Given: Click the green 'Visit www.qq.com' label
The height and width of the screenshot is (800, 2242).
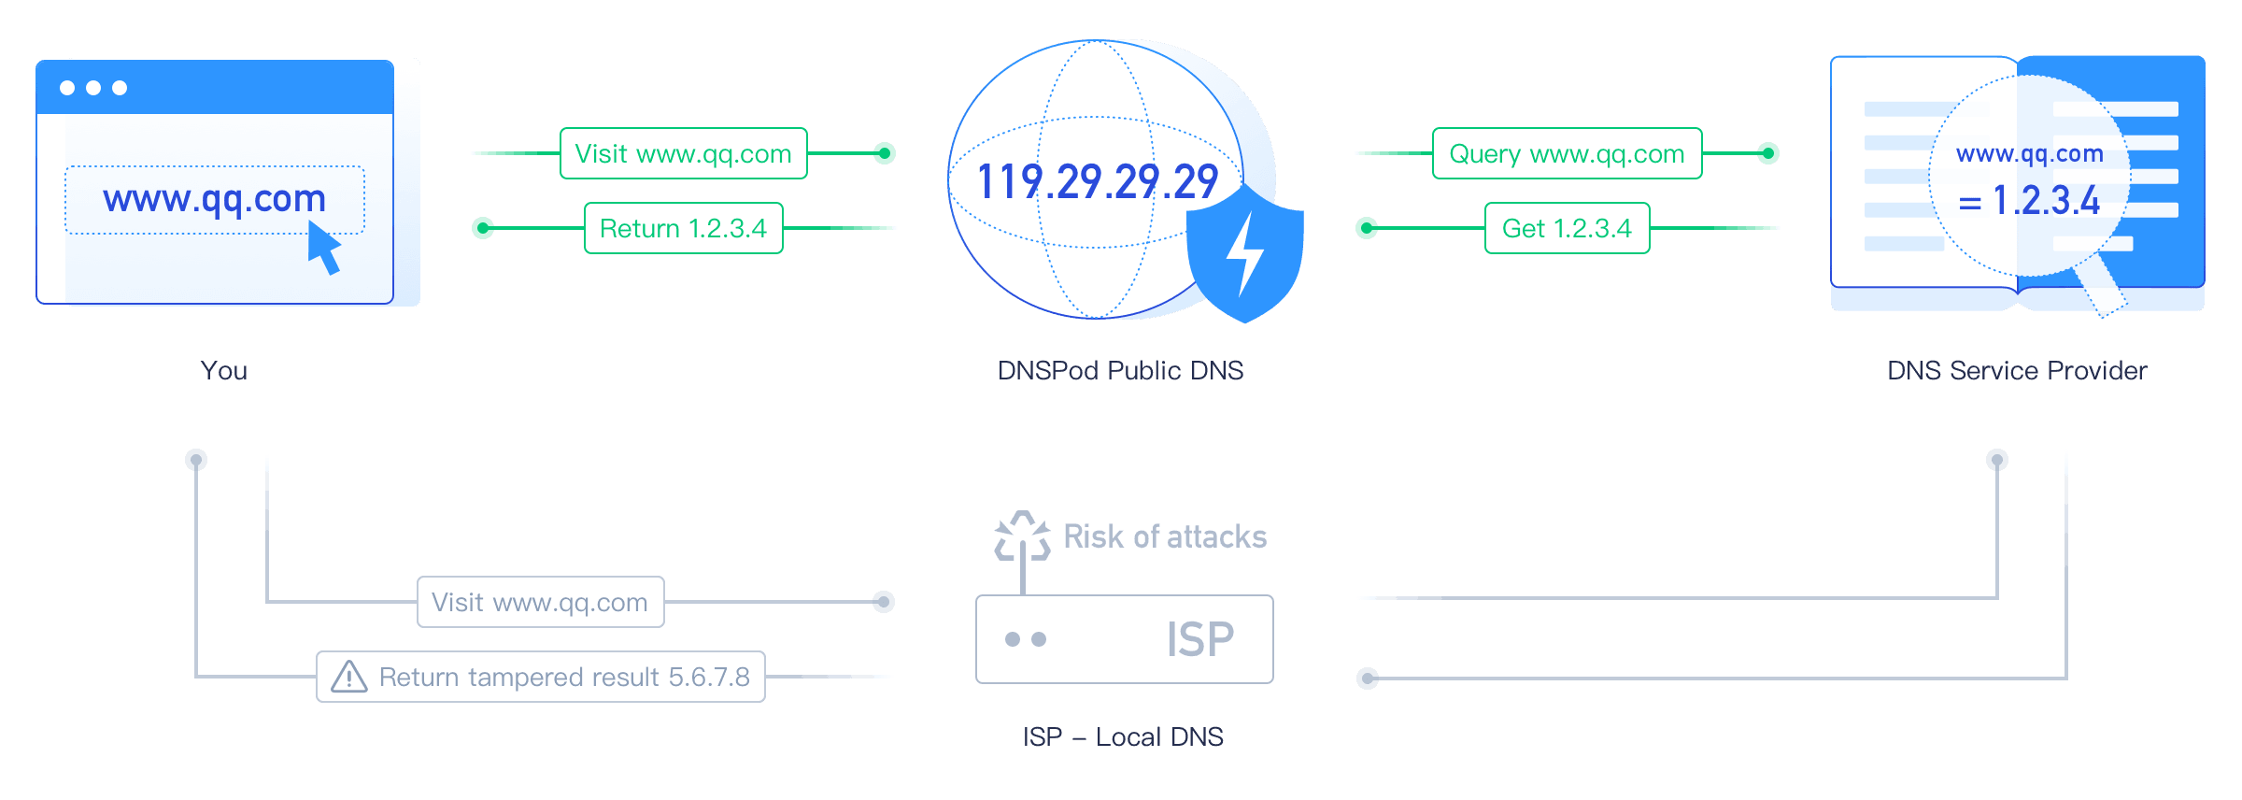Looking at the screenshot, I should coord(683,153).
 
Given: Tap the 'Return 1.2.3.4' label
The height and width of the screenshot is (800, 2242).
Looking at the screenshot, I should coord(683,228).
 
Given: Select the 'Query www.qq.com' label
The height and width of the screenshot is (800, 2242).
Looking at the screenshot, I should coord(1567,153).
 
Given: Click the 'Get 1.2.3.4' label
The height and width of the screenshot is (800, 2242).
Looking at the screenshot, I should coord(1567,228).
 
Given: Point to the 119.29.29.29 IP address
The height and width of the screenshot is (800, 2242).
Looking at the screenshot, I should coord(1097,181).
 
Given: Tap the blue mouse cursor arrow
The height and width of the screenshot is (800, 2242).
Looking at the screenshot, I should coord(323,248).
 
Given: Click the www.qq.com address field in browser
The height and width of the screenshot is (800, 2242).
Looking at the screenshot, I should coord(214,199).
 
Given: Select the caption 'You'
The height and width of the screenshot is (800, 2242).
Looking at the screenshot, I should coord(224,371).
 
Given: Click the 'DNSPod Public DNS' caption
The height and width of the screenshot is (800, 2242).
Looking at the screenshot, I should coord(1120,371).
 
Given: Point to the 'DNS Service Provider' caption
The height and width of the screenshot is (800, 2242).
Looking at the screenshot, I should coord(2016,371).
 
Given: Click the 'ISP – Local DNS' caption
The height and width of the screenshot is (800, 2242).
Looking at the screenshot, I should coord(1122,737).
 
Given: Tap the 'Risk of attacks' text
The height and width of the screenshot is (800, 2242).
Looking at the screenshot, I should coord(1164,537).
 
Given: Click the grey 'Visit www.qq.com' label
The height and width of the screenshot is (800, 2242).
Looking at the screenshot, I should coord(540,602).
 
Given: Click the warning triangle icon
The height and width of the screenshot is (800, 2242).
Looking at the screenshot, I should coord(349,677).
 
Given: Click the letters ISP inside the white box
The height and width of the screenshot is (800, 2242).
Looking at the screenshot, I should coord(1199,640).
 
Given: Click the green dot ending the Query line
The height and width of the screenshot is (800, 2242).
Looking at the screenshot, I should coord(1767,153).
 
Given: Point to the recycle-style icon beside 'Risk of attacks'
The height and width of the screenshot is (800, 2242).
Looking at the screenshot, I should coord(1022,536).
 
